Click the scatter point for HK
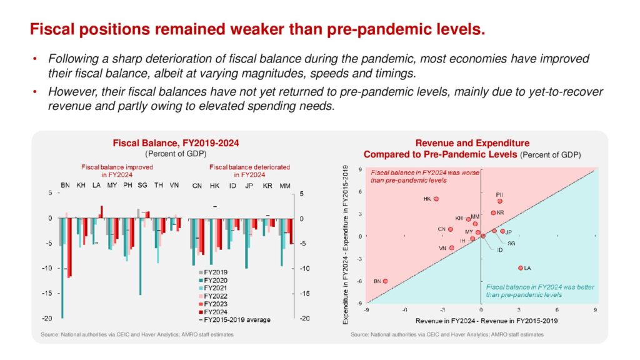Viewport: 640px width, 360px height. pos(436,199)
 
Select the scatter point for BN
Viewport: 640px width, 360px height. pos(385,281)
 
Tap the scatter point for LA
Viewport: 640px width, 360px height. pos(521,267)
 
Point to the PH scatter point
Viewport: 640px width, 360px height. pos(499,201)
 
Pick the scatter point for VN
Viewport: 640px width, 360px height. pos(452,247)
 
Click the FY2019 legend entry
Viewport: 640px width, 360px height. pos(213,272)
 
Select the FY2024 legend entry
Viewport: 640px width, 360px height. pos(213,312)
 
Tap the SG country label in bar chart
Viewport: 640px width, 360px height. pos(142,186)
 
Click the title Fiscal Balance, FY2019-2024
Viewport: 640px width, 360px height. pos(176,143)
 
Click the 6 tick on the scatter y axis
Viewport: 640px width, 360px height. pos(361,191)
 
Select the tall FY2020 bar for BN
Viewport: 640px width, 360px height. pos(62,268)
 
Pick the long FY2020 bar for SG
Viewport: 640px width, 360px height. pos(140,256)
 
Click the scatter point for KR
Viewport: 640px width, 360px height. pos(493,213)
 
